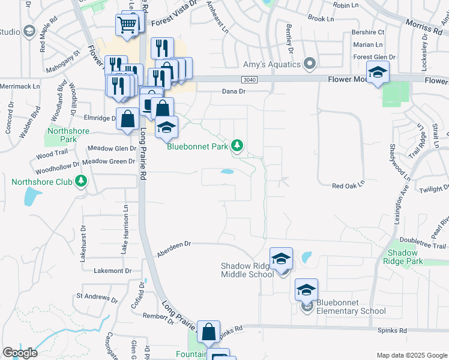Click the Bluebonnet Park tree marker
click(238, 145)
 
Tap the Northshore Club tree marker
click(81, 181)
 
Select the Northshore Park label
click(67, 135)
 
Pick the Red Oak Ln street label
click(348, 187)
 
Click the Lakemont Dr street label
click(112, 271)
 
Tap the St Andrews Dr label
click(96, 298)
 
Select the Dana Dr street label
click(234, 91)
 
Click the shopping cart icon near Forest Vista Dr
click(127, 25)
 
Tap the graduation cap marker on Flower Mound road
click(378, 73)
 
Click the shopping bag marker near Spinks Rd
click(208, 331)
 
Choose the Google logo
click(20, 353)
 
